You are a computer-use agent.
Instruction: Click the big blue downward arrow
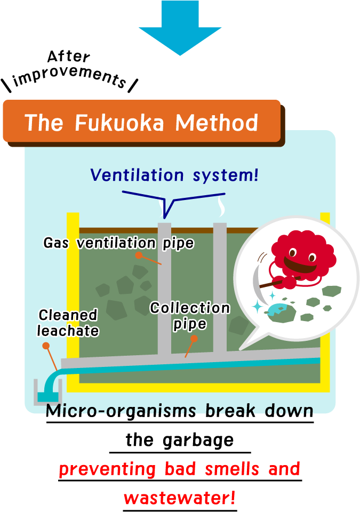tap(180, 27)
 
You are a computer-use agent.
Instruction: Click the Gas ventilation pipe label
tap(118, 244)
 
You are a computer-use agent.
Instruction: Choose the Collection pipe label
tap(190, 316)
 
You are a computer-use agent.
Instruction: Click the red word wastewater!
tap(179, 498)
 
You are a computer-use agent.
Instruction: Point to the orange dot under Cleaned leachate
tap(46, 346)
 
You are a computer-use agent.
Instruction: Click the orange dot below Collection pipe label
tap(194, 339)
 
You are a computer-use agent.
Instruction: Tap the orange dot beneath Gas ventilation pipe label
tap(139, 255)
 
